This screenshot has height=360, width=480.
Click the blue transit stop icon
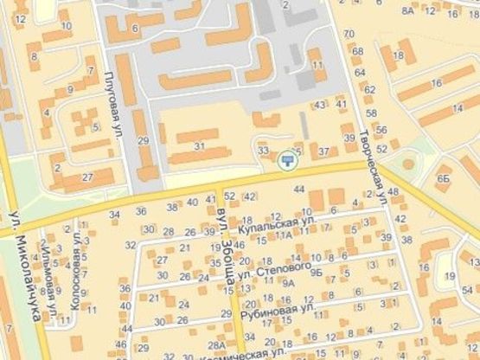click(286, 159)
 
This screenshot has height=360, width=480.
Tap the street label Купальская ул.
click(276, 224)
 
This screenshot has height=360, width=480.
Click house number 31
click(200, 147)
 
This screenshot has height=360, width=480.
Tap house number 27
click(87, 177)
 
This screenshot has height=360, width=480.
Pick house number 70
click(349, 34)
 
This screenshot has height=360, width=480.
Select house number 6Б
click(444, 177)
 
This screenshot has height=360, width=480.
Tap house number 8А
click(408, 10)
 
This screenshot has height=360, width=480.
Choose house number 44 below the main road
click(299, 189)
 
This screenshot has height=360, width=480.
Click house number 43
click(320, 106)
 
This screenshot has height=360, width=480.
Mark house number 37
click(323, 151)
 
